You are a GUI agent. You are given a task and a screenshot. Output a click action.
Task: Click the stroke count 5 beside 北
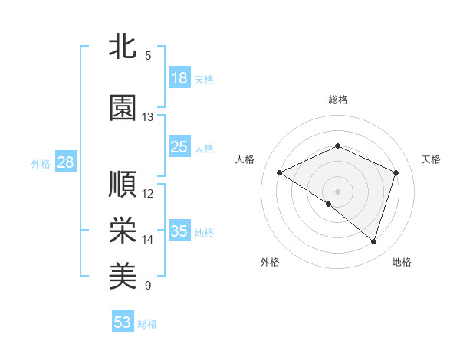[x=147, y=56]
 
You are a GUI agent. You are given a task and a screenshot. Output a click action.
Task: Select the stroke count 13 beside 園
[x=147, y=117]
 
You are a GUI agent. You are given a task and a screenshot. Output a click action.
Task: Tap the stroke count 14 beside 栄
[x=147, y=240]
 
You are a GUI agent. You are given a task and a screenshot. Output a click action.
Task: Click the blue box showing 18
[x=179, y=78]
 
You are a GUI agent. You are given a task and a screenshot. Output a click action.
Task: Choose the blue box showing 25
[x=179, y=147]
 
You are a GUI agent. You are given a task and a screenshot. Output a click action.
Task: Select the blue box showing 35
[x=179, y=231]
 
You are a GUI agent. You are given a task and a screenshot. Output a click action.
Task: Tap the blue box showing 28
[x=65, y=162]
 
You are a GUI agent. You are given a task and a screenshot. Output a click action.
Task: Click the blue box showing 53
[x=123, y=322]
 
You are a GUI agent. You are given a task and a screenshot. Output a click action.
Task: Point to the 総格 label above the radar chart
[x=337, y=100]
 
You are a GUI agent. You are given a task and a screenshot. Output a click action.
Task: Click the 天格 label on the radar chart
[x=431, y=159]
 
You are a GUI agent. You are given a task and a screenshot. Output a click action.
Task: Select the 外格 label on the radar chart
[x=270, y=262]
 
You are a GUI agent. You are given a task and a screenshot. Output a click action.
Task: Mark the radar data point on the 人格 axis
[x=280, y=173]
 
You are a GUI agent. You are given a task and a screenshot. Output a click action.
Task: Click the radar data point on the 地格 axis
[x=373, y=241]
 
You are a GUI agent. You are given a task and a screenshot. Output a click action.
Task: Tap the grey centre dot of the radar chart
[x=337, y=191]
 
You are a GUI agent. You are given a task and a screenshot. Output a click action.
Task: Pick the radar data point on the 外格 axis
[x=329, y=204]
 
